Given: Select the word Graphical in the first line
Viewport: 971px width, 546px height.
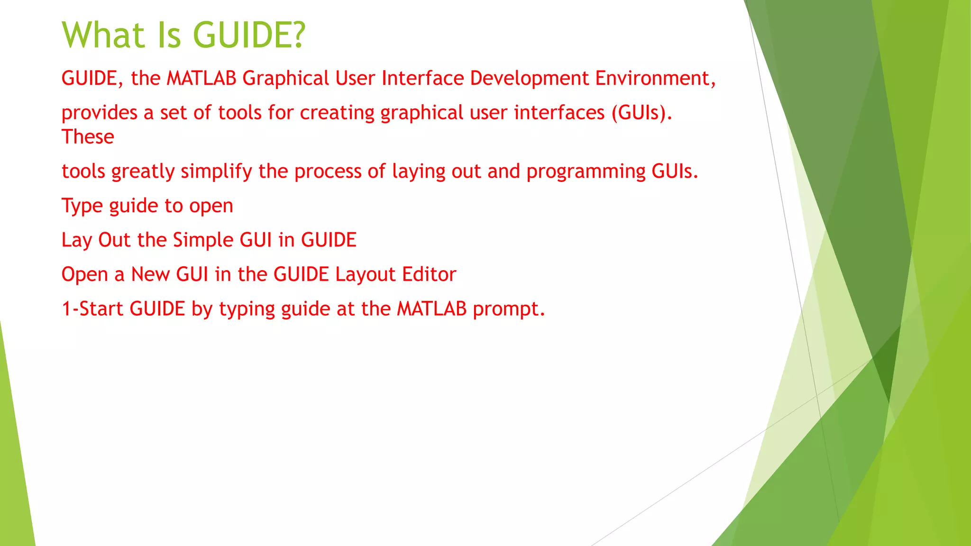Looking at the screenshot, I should point(285,79).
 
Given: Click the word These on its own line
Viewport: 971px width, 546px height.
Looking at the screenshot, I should point(88,137).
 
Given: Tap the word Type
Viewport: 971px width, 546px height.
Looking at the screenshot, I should point(82,206).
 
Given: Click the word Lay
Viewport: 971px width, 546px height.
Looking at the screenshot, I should point(76,240).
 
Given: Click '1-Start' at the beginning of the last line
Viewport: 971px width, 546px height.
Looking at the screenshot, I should point(92,309).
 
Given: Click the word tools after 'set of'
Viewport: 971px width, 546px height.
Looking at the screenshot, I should point(239,113).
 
